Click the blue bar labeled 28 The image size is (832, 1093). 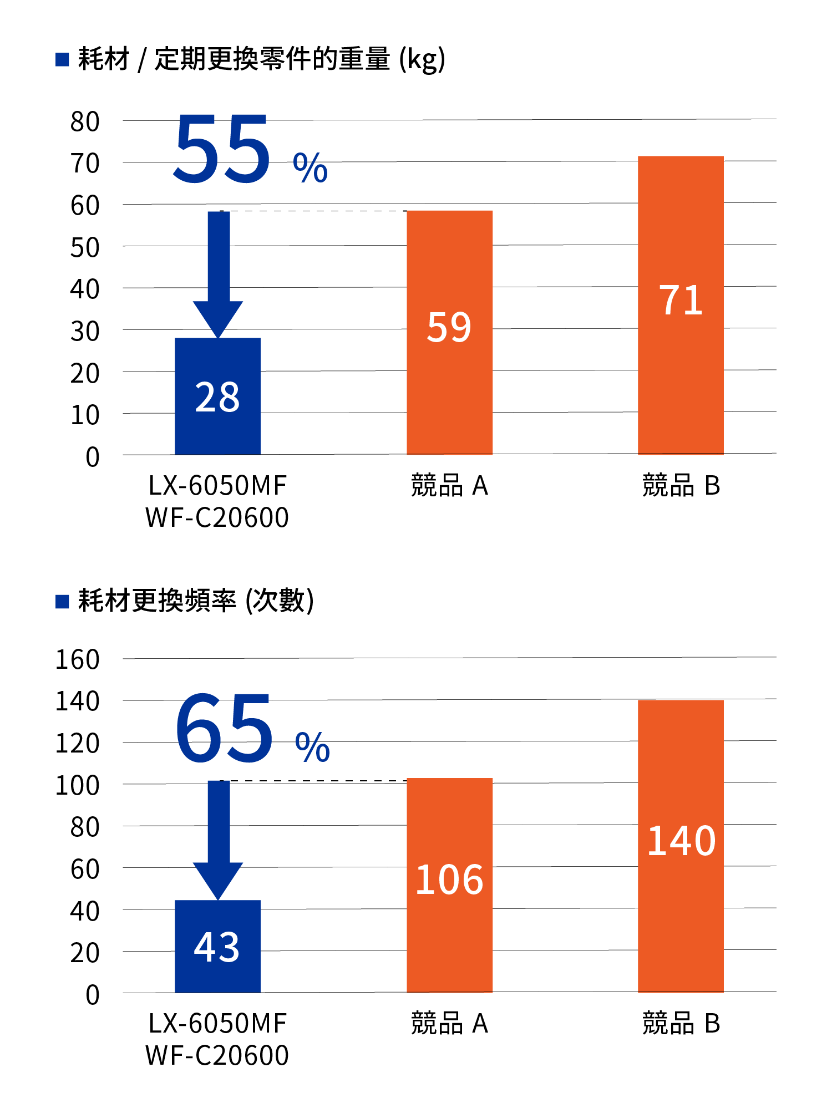[x=217, y=396]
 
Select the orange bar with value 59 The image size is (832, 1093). [x=449, y=332]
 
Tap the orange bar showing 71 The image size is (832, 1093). [x=681, y=304]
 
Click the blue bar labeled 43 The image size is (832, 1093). [x=217, y=946]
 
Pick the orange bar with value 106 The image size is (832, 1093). [x=449, y=884]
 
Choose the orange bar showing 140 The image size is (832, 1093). [x=681, y=846]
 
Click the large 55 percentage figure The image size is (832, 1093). [x=222, y=149]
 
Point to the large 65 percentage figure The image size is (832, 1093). [x=224, y=727]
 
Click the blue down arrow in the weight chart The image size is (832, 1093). [x=218, y=274]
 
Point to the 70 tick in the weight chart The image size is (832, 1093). [x=85, y=164]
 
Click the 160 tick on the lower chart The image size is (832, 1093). [x=77, y=659]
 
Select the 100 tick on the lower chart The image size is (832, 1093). [x=77, y=785]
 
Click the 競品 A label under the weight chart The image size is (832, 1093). [x=449, y=486]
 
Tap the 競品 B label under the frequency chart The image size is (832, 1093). [x=681, y=1023]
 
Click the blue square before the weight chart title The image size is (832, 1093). [x=62, y=59]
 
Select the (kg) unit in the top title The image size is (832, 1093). [x=422, y=59]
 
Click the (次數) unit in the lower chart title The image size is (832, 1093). [x=280, y=601]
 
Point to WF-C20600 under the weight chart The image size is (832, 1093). [x=217, y=517]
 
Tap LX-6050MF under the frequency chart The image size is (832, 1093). [x=217, y=1023]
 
